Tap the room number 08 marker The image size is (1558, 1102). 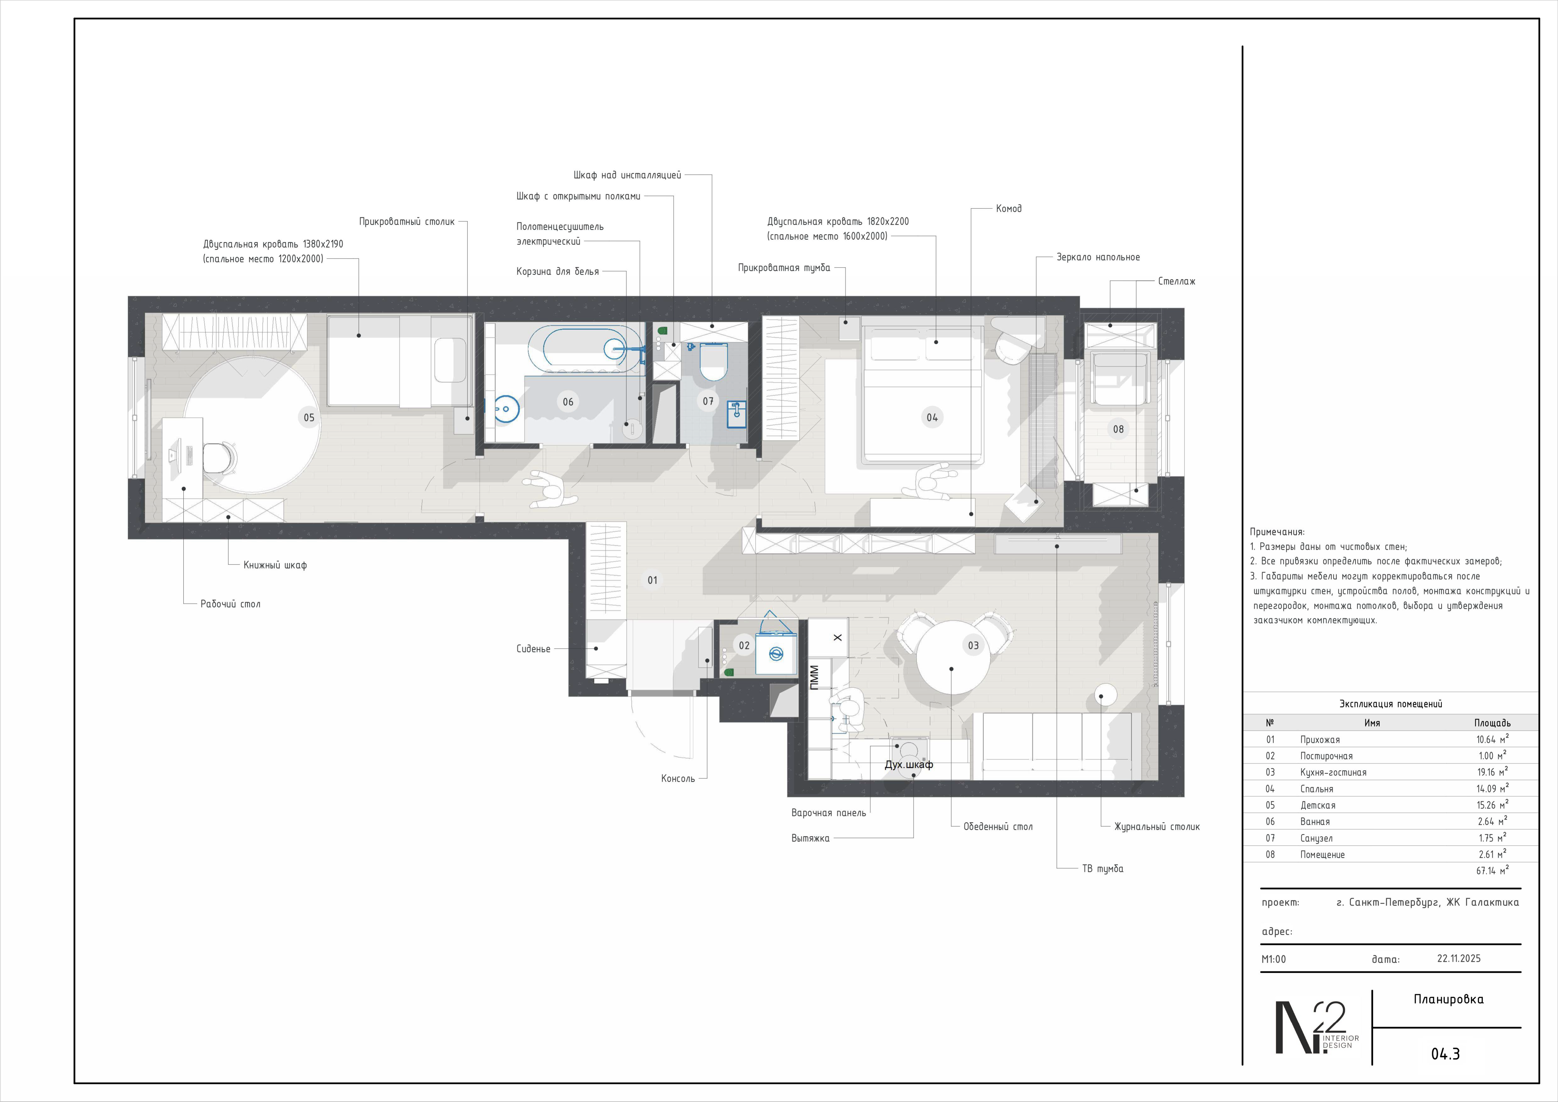pos(1118,429)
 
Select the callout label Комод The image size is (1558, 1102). pos(1008,208)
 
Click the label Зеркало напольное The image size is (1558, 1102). pos(1098,257)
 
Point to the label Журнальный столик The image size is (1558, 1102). pos(1157,826)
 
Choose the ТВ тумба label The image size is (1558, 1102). pos(1103,869)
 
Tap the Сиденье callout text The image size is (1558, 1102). pos(533,649)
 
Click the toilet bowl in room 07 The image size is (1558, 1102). pos(713,362)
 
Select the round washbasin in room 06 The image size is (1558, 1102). pos(506,409)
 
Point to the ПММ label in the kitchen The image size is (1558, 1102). pos(814,677)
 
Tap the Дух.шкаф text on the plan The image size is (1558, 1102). pos(909,765)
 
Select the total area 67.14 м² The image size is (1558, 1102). pos(1492,870)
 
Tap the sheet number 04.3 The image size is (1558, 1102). pos(1445,1054)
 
